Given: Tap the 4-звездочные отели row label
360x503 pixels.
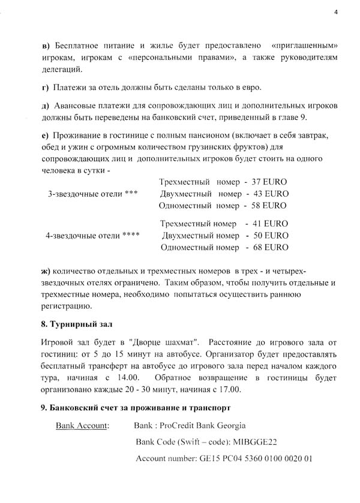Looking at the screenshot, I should (x=93, y=235).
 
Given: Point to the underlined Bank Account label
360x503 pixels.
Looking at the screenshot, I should (x=82, y=426).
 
